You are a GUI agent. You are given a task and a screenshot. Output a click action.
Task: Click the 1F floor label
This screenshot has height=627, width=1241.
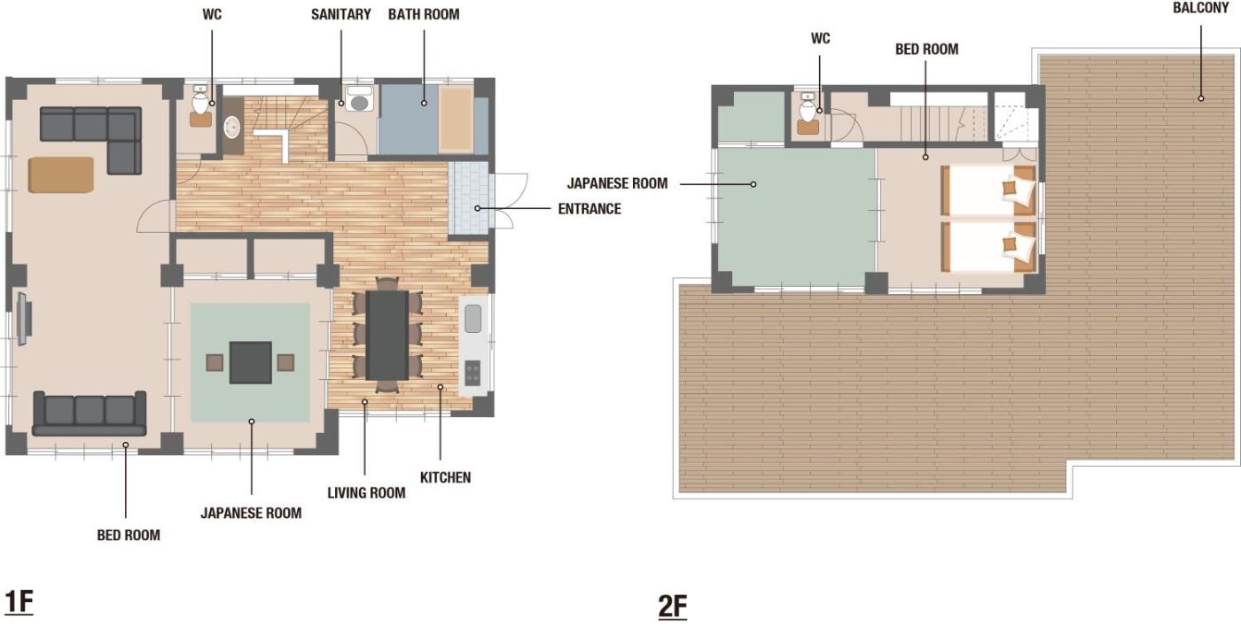click(x=19, y=602)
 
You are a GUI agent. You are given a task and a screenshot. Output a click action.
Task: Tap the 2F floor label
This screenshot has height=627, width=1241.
click(x=673, y=607)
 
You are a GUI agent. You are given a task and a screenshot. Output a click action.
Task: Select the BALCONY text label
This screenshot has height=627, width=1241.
click(x=1200, y=8)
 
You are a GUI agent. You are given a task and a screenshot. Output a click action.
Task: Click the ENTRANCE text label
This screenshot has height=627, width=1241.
click(x=589, y=209)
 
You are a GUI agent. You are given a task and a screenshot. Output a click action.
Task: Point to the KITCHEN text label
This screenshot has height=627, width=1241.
click(x=445, y=477)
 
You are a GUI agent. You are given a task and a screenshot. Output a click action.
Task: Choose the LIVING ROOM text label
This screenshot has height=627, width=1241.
click(x=366, y=493)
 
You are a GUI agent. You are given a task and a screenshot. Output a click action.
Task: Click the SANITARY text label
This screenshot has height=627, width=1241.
click(x=340, y=14)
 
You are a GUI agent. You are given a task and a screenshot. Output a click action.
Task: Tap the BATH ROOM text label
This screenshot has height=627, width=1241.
click(x=424, y=14)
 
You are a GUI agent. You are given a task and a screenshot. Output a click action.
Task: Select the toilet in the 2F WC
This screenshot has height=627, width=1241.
click(x=808, y=108)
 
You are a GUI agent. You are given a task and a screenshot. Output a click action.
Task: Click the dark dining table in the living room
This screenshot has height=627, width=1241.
click(x=387, y=336)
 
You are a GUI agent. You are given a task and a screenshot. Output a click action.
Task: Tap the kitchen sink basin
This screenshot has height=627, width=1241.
click(x=472, y=319)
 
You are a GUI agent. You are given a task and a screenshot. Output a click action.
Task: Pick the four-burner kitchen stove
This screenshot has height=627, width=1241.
click(x=472, y=373)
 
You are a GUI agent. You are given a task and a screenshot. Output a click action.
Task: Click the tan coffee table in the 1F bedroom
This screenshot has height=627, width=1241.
click(x=61, y=174)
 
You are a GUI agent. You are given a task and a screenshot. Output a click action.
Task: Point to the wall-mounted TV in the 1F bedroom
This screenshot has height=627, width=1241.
click(x=23, y=320)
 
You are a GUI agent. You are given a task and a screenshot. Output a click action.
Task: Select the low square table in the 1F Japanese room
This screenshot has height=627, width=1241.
click(x=251, y=362)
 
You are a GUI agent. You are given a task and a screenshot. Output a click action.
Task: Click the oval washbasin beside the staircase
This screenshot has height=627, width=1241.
click(x=232, y=128)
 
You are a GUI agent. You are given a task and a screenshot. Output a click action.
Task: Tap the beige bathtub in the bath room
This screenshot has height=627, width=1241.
click(x=456, y=119)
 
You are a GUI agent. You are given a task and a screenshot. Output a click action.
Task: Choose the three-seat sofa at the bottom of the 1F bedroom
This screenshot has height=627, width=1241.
click(x=90, y=414)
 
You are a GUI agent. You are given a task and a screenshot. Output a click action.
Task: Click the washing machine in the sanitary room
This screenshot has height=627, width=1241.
click(x=359, y=98)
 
